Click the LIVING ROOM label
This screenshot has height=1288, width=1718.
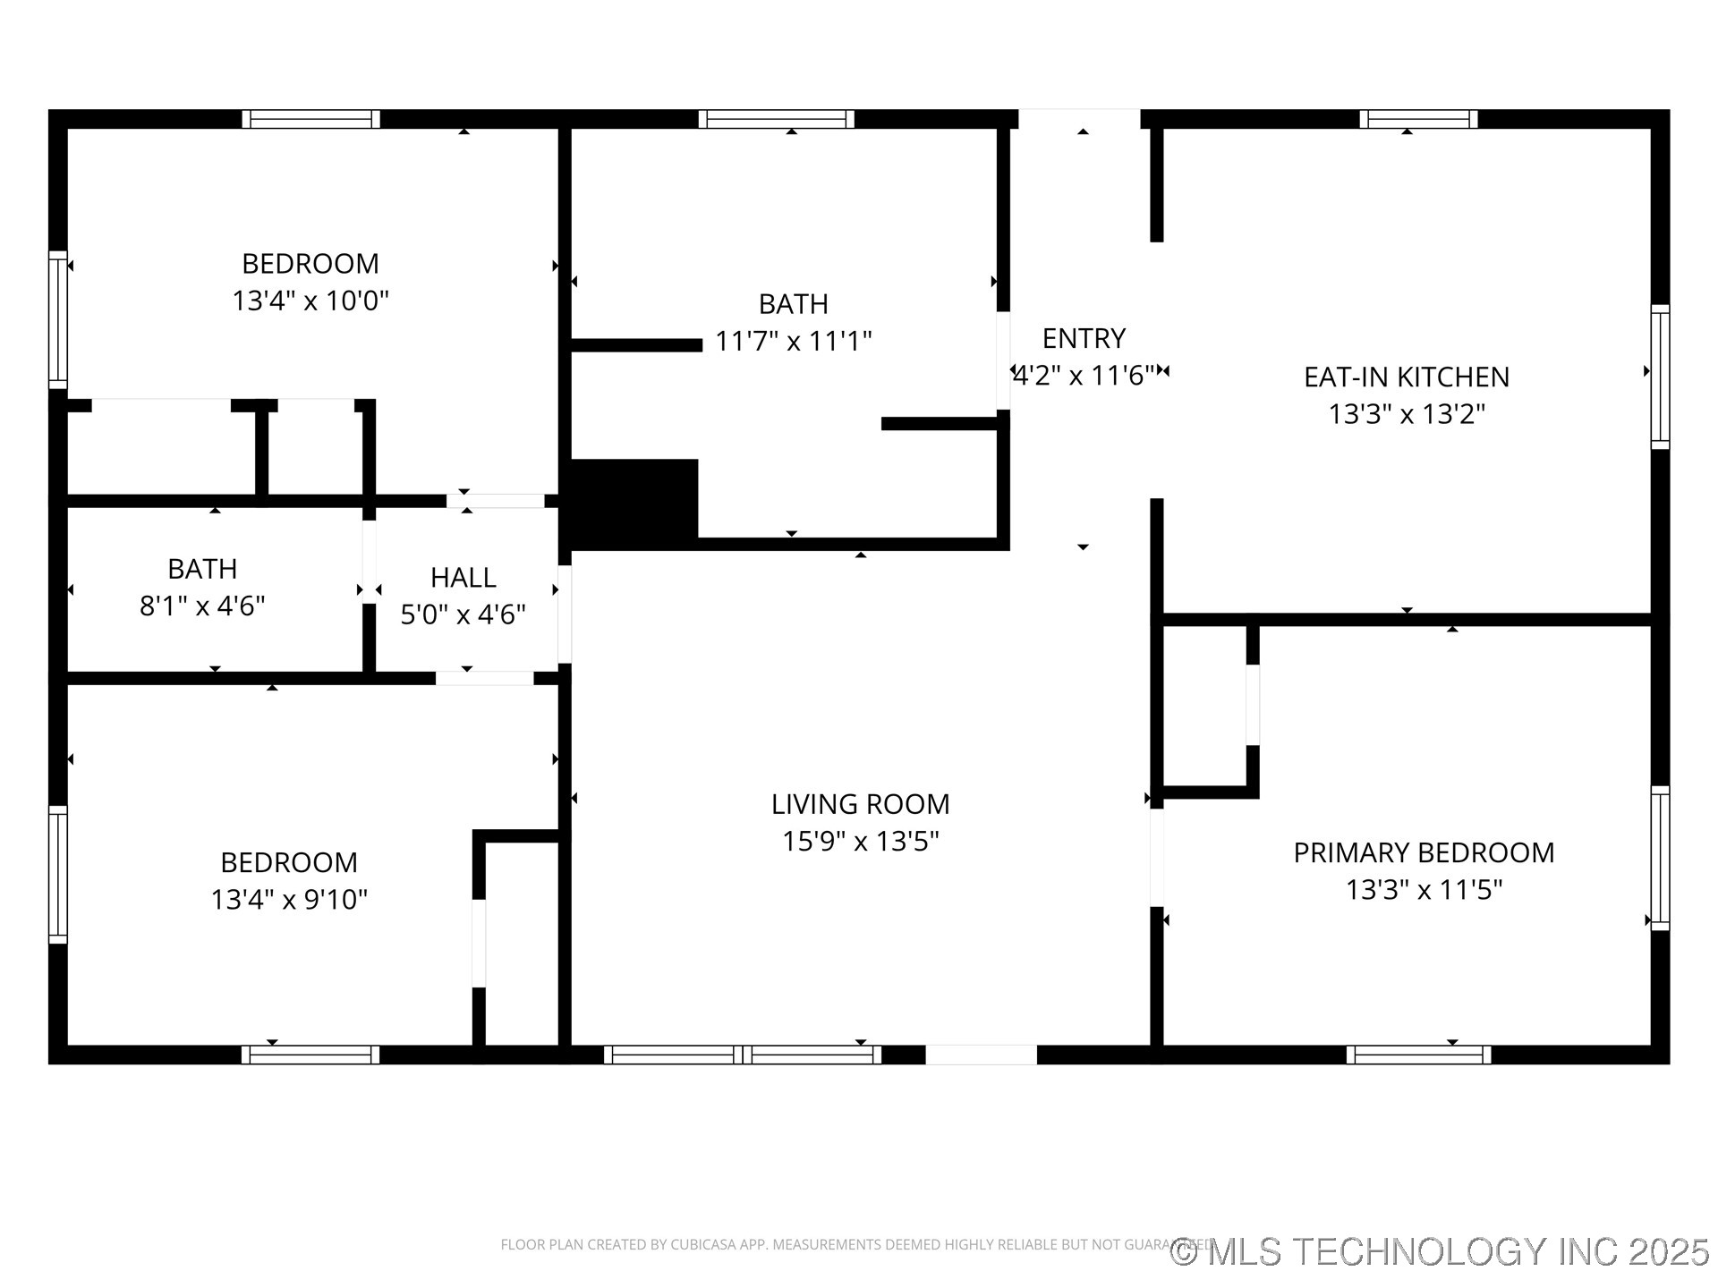[x=860, y=804]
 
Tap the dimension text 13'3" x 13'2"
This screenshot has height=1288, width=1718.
[x=1406, y=414]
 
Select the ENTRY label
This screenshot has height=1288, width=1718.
[x=1084, y=338]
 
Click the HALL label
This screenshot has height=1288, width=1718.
[x=463, y=578]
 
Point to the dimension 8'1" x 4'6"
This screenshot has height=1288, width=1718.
[x=202, y=606]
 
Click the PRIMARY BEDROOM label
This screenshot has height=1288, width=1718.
[x=1423, y=852]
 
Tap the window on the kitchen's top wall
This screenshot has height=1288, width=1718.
[x=1418, y=119]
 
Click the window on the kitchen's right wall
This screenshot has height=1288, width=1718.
[x=1660, y=376]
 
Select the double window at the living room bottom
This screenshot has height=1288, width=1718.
[x=743, y=1055]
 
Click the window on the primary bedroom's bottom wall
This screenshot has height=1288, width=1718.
[x=1418, y=1055]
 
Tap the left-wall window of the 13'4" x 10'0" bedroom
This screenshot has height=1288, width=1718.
[x=57, y=320]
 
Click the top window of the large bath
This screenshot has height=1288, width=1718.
[x=776, y=119]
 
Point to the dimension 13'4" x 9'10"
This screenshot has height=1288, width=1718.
[x=289, y=899]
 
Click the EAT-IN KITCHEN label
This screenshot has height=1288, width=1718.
[x=1406, y=377]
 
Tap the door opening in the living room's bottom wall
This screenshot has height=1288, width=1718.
[x=981, y=1055]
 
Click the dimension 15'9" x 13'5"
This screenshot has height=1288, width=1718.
[x=860, y=842]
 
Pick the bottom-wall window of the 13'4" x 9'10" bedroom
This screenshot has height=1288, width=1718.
[x=310, y=1055]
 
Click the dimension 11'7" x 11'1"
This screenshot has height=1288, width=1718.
[x=793, y=341]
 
